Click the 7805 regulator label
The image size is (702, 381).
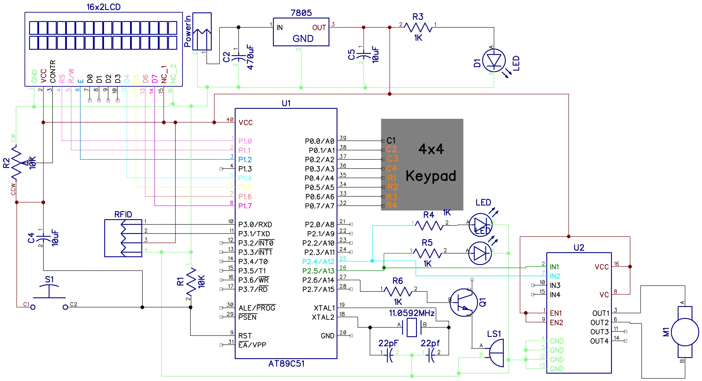(301, 13)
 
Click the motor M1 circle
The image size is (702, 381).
(685, 332)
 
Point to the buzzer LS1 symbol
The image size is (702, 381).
(496, 353)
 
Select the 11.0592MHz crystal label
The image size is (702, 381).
(411, 313)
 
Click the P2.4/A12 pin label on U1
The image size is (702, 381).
(318, 262)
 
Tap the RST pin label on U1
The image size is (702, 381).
(245, 336)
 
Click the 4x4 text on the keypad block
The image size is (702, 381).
(431, 149)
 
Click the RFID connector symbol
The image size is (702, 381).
(123, 238)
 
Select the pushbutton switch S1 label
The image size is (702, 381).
(49, 279)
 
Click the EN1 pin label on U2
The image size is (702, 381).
(556, 313)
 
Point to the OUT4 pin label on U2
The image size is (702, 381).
(599, 341)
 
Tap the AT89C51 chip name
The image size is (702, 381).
(286, 364)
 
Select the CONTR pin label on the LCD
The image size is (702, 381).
(53, 71)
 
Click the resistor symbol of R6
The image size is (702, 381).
(398, 292)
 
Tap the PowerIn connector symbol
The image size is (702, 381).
(202, 31)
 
